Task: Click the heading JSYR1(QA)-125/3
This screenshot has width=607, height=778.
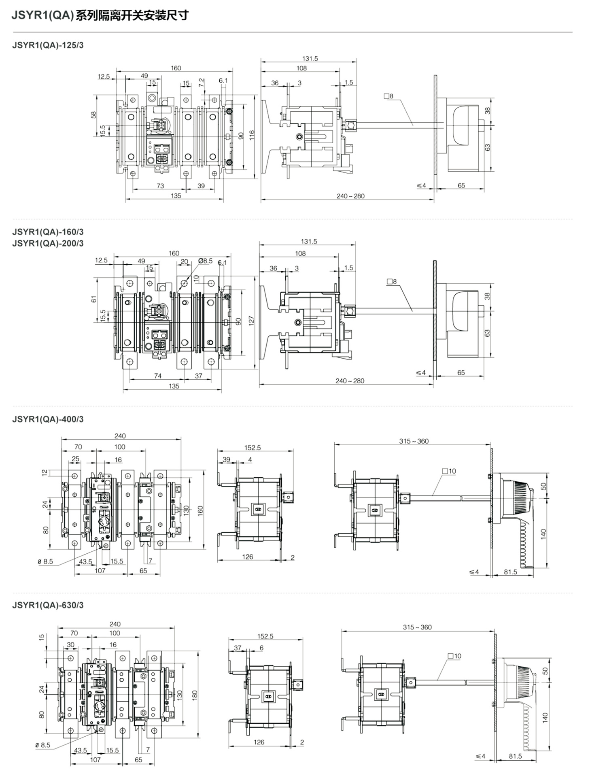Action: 48,45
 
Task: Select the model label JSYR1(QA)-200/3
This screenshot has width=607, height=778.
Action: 48,243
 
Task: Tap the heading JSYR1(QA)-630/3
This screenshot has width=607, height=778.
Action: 48,605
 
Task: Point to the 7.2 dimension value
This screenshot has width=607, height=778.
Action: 202,83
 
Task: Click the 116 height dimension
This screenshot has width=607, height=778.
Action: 252,135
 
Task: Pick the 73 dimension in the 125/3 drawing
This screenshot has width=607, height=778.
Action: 160,186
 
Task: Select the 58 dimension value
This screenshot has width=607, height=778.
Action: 94,115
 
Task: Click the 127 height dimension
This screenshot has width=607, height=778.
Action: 251,321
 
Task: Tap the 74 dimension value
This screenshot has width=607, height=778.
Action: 158,376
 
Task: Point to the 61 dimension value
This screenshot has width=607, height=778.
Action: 94,299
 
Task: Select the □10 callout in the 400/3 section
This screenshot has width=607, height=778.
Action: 449,471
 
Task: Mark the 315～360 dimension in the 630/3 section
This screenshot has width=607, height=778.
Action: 417,627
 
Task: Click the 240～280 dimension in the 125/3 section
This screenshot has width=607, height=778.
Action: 350,196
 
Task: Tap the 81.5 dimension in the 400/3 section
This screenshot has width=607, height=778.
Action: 511,572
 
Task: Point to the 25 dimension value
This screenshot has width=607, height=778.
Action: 76,459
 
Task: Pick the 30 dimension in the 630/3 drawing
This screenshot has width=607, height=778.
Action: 71,645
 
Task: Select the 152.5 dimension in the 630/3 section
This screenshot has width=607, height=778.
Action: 265,636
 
